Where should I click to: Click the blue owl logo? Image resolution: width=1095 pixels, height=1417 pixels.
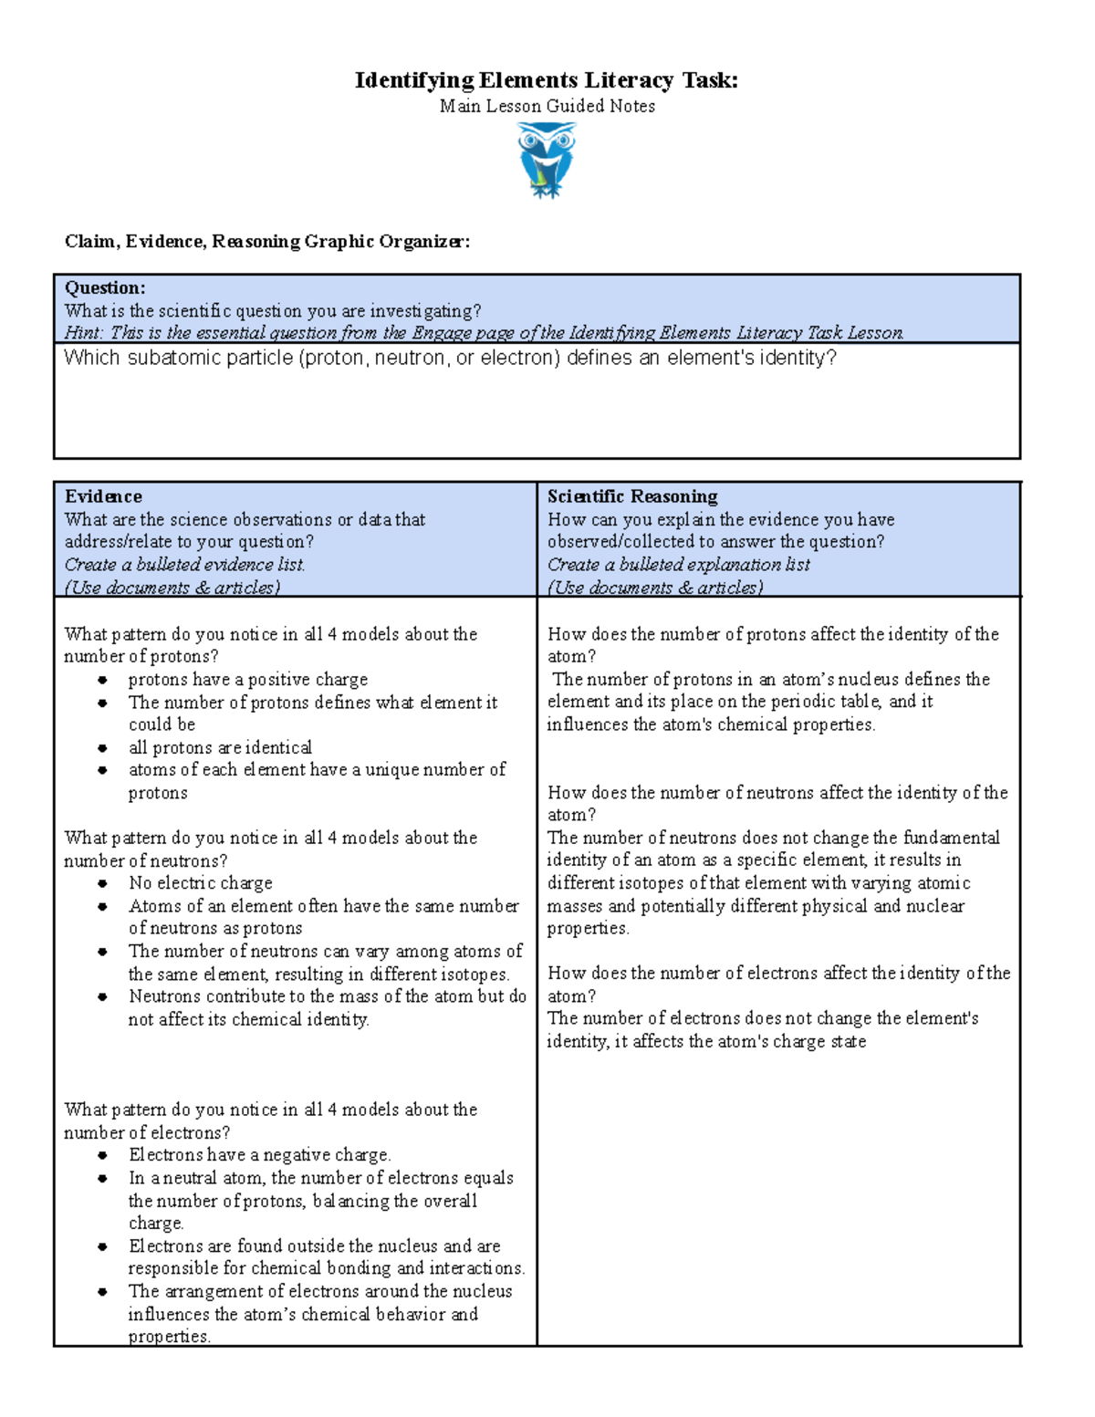click(x=546, y=161)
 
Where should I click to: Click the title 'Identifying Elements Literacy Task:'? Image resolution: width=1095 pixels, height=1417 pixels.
click(x=546, y=80)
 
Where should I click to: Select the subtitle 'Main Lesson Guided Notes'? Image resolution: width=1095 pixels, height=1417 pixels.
click(x=547, y=106)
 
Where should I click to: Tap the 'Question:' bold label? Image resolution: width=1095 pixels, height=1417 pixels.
click(x=105, y=288)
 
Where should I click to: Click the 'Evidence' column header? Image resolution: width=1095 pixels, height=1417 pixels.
click(x=103, y=496)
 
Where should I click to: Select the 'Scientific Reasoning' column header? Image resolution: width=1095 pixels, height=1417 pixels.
click(x=631, y=496)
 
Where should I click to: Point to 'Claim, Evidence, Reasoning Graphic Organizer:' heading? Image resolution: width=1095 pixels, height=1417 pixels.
click(x=267, y=241)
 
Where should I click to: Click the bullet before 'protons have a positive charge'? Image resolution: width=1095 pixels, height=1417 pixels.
click(x=103, y=680)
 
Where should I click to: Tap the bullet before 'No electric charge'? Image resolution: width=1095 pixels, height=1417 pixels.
click(x=103, y=883)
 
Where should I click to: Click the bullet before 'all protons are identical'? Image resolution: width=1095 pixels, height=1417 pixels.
click(x=103, y=748)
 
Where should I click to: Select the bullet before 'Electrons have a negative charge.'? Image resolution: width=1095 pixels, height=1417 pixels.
click(x=103, y=1155)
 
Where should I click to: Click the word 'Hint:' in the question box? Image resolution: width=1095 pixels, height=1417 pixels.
click(x=83, y=333)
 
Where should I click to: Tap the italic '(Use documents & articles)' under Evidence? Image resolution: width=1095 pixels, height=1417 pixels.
click(x=172, y=588)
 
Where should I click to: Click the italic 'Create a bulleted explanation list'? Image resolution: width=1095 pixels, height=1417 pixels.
click(x=678, y=565)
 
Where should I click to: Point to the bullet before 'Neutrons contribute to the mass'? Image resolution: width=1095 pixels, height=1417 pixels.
click(x=103, y=997)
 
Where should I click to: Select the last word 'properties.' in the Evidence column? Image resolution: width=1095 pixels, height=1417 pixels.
click(x=169, y=1337)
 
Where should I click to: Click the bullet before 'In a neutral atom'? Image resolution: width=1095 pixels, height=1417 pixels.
click(x=103, y=1178)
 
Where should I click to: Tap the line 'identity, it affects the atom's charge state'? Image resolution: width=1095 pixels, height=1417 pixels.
click(x=706, y=1042)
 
